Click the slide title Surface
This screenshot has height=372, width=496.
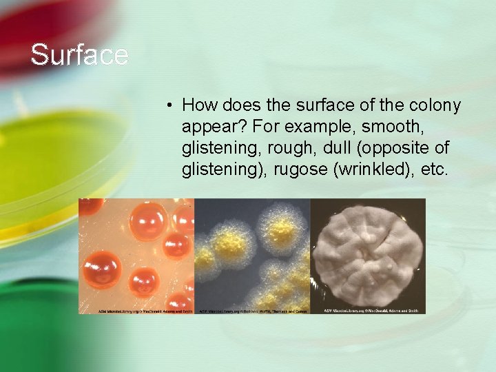[79, 55]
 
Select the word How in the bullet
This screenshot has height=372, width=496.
[198, 105]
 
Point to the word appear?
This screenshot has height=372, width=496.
[210, 127]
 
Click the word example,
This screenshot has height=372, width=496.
[303, 127]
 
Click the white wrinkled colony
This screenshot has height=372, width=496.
[367, 254]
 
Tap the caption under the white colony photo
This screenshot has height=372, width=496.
[367, 311]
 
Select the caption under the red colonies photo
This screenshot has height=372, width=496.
[136, 311]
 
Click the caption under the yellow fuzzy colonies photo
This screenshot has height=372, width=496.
[251, 311]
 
